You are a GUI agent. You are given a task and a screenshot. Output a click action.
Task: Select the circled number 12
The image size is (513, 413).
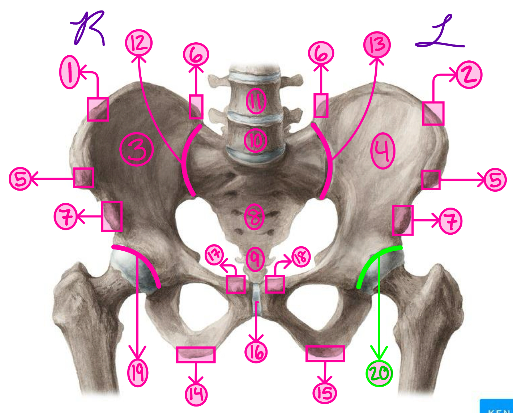(139, 43)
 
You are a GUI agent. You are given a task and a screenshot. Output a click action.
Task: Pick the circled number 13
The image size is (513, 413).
(377, 45)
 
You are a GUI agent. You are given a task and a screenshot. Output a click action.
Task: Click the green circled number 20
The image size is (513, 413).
(379, 374)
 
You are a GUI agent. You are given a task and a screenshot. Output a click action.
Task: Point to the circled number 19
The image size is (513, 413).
(138, 373)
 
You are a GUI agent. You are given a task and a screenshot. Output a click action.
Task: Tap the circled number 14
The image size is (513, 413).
(196, 395)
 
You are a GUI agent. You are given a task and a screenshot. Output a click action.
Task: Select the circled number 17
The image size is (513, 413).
(214, 256)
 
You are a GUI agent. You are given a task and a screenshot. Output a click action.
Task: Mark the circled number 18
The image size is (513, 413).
(301, 257)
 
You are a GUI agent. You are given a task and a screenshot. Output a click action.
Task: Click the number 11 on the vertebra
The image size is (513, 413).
(256, 101)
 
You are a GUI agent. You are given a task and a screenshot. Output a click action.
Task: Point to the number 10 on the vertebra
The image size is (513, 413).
(256, 140)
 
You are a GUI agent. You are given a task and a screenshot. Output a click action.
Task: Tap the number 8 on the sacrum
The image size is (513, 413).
(255, 217)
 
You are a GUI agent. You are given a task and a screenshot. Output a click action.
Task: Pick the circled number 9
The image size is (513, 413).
(255, 259)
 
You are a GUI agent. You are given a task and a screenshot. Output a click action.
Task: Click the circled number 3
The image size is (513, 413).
(137, 149)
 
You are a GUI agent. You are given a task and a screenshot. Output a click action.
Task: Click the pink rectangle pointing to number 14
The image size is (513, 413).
(196, 354)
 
